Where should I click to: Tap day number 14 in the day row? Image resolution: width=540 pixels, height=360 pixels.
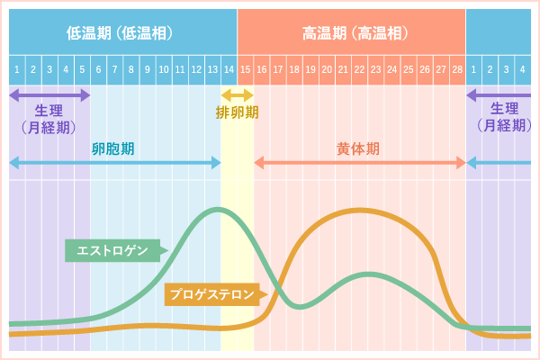229,69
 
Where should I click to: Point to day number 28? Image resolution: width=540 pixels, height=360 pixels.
457,69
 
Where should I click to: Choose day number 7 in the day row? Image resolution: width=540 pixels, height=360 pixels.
114,69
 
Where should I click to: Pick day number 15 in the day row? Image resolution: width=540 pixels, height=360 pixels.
245,69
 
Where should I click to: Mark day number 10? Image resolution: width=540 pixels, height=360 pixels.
164,69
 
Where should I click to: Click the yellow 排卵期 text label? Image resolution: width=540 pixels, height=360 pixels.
238,112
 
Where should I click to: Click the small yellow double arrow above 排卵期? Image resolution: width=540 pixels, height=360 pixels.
238,94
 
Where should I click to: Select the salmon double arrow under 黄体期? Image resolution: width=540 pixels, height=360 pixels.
360,163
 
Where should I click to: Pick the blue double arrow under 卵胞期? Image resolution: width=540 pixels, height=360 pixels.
114,163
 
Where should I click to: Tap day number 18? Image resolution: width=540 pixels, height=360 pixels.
294,69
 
